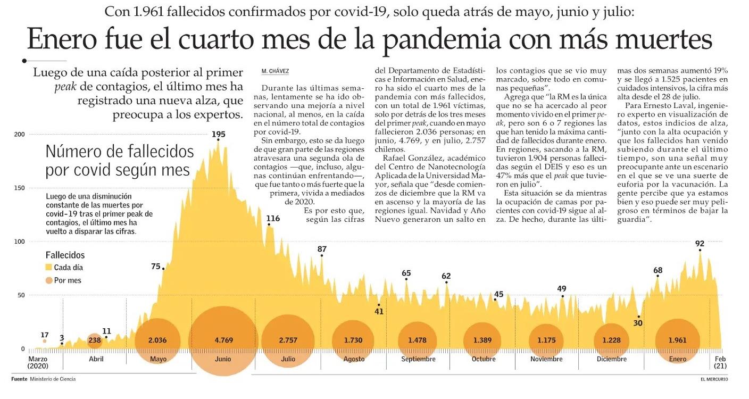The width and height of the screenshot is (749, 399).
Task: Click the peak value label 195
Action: click(218, 134)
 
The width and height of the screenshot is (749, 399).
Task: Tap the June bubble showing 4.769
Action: click(223, 340)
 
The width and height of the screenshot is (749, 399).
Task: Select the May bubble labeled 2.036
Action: click(158, 340)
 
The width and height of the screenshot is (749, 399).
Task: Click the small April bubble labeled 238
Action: click(95, 340)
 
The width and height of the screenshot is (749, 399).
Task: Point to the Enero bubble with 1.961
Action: click(678, 340)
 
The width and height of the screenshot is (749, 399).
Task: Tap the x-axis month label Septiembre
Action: click(418, 359)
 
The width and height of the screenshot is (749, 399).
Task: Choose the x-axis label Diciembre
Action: click(612, 359)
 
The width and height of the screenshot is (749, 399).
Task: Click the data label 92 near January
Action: click(700, 244)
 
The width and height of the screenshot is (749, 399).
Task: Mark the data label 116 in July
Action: click(273, 219)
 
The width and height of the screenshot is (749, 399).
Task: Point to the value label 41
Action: click(379, 312)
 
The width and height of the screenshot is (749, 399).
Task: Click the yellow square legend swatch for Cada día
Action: click(49, 268)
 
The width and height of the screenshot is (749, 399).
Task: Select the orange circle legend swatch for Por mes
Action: click(49, 280)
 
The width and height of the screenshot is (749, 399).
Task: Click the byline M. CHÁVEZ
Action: click(276, 71)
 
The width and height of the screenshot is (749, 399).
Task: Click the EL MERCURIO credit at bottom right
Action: click(714, 379)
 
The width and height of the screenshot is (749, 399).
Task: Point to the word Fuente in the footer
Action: click(19, 379)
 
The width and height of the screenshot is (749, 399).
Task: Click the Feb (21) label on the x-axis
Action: click(720, 362)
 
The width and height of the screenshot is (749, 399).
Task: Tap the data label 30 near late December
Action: click(638, 323)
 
